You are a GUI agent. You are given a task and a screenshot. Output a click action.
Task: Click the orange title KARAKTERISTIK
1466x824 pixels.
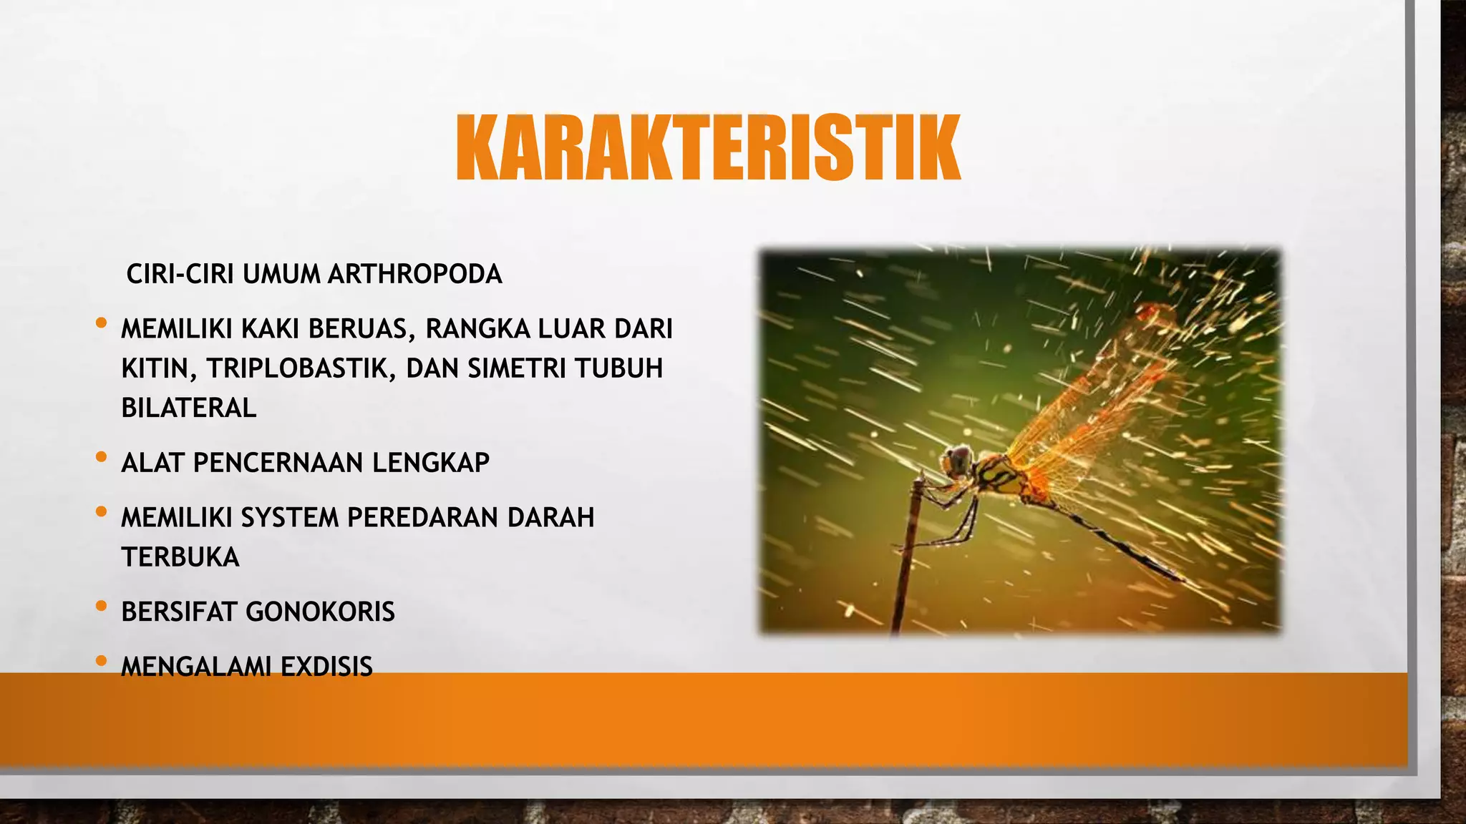[707, 148]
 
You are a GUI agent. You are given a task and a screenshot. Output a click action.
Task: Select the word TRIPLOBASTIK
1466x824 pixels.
[300, 368]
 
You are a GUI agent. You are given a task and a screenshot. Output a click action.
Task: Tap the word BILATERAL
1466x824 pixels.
[188, 408]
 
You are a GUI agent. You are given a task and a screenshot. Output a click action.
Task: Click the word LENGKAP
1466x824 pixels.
[430, 463]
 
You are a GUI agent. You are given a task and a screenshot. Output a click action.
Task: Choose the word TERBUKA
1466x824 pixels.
[180, 557]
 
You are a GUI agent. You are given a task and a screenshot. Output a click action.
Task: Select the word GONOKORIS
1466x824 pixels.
[320, 612]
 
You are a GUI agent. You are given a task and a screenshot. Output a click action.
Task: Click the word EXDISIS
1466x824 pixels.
[326, 667]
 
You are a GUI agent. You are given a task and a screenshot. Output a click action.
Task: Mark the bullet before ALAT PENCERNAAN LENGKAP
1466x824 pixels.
[101, 457]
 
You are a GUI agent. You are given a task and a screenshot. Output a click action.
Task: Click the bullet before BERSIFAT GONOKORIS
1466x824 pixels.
[101, 607]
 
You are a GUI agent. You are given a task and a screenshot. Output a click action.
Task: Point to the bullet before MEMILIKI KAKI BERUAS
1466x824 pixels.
[101, 323]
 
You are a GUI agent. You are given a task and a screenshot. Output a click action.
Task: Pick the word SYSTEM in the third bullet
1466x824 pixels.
[289, 517]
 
